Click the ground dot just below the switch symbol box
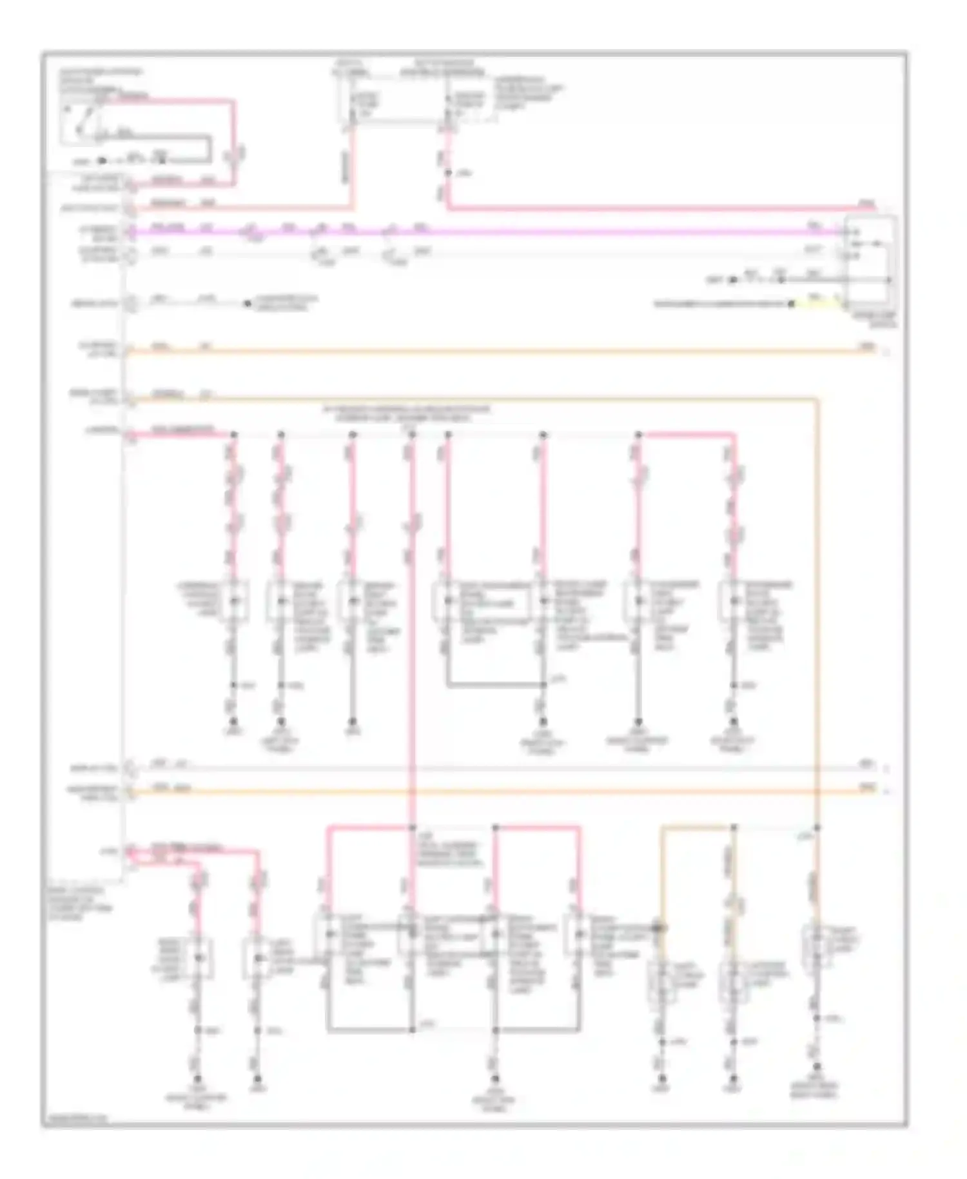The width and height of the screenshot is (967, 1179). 101,161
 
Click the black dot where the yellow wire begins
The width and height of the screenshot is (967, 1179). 792,303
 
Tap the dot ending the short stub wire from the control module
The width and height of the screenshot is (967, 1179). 247,303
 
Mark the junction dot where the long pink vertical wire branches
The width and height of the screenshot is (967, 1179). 412,827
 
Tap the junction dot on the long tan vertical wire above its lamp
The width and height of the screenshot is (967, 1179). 817,827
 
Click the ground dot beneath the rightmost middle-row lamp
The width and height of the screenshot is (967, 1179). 734,722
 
